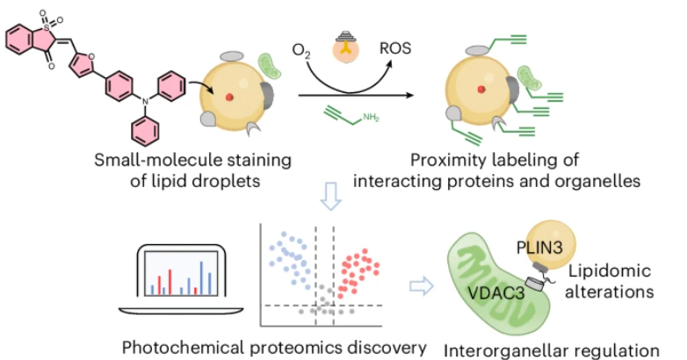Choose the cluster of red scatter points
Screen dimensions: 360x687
(x=361, y=271)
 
